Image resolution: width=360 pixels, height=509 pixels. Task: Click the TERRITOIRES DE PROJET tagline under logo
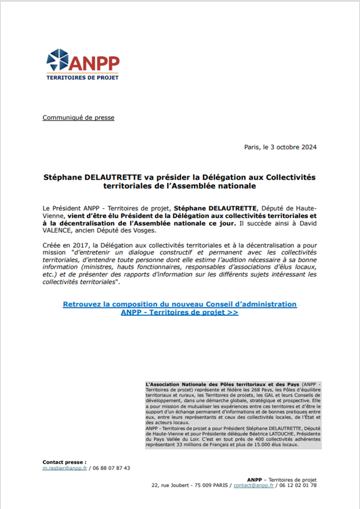pyautogui.click(x=83, y=78)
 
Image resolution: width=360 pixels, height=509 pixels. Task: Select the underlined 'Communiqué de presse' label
pyautogui.click(x=79, y=118)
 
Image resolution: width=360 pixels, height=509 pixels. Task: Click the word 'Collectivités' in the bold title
pyautogui.click(x=290, y=177)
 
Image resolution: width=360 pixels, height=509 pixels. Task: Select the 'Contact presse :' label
pyautogui.click(x=64, y=461)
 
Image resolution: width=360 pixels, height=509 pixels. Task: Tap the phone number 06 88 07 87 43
pyautogui.click(x=111, y=468)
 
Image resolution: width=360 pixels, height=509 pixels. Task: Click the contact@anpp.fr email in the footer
pyautogui.click(x=253, y=486)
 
